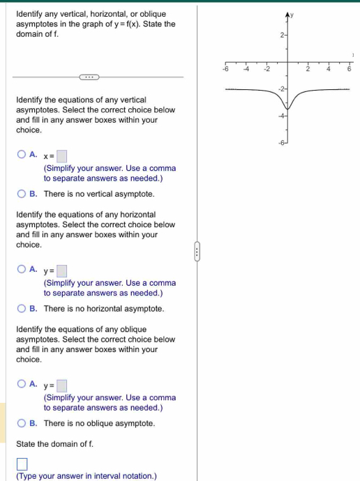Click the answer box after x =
click(x=62, y=155)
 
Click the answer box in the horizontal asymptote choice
click(x=62, y=270)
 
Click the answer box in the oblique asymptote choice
click(x=62, y=385)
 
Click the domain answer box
click(x=22, y=464)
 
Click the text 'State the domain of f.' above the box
click(x=55, y=443)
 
